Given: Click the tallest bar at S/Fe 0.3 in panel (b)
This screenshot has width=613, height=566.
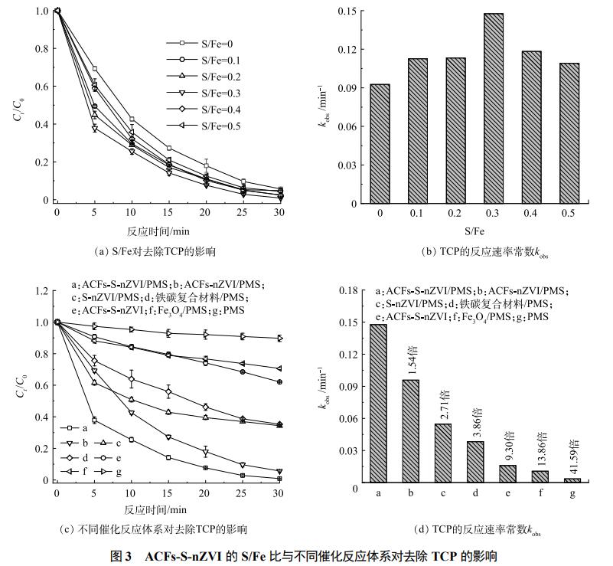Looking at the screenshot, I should point(471,108).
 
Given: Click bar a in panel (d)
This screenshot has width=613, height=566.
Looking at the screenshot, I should point(378,405).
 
